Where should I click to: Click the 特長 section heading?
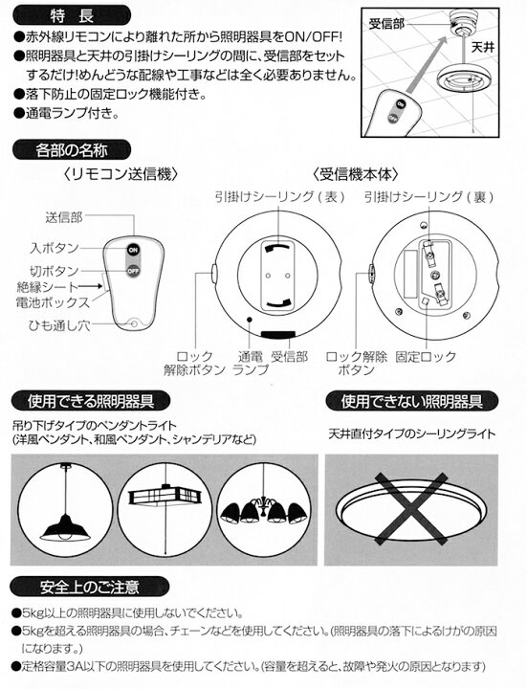[x=72, y=16]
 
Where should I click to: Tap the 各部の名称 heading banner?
[x=72, y=150]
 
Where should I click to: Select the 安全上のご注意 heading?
[x=89, y=587]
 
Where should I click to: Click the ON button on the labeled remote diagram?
[x=133, y=250]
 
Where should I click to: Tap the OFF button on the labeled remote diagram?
[x=133, y=271]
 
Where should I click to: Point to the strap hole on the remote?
[x=134, y=324]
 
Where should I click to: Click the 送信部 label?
[x=64, y=217]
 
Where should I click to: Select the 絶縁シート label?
[x=48, y=287]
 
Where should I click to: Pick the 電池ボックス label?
[x=53, y=302]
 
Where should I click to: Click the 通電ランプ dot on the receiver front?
[x=250, y=320]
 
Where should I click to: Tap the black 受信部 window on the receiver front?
[x=279, y=335]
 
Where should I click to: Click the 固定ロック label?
[x=425, y=356]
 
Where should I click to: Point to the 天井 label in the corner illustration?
[x=483, y=47]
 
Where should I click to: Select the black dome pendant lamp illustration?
[x=65, y=526]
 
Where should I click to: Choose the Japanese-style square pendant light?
[x=165, y=496]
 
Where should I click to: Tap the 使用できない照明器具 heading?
[x=411, y=401]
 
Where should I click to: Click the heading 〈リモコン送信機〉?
[x=120, y=174]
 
